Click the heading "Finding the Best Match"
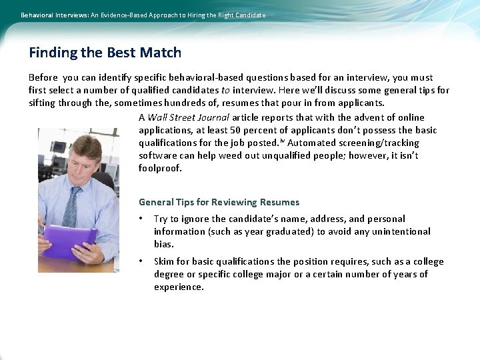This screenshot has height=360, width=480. coord(105,53)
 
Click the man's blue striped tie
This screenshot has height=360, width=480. coord(69,207)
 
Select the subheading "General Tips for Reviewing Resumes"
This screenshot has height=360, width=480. coord(219,202)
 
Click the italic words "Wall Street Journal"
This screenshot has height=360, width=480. coord(188,117)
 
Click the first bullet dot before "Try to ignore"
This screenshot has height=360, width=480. coord(141,219)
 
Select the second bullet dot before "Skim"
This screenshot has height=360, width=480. coord(141,261)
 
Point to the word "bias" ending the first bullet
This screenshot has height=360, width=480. coord(163,244)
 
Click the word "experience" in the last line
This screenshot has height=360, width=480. coord(178,287)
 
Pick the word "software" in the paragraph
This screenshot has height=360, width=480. coord(157,155)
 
